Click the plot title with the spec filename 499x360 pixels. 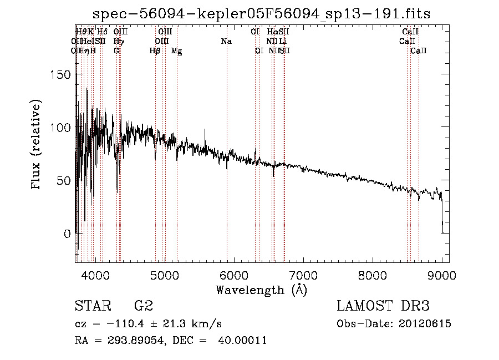(261, 14)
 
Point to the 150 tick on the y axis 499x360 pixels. (64, 75)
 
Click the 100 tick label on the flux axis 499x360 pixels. (64, 128)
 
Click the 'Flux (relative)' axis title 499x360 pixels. (37, 145)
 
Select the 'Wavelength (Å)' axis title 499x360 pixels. (261, 290)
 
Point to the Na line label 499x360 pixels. (226, 41)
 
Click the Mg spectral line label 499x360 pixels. (176, 51)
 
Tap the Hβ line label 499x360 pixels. (155, 51)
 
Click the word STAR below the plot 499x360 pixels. (91, 306)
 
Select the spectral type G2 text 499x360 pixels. (143, 306)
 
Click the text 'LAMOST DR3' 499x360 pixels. (383, 306)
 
